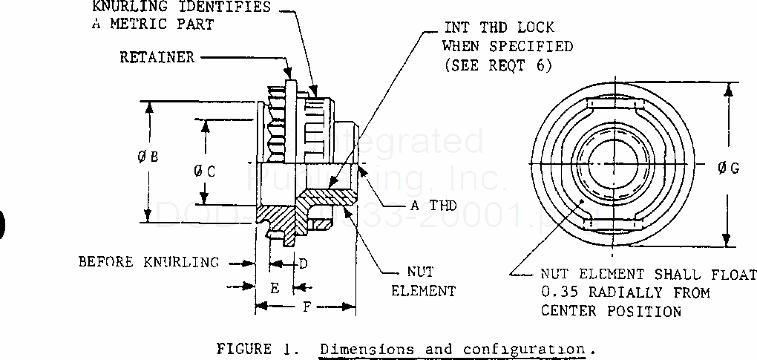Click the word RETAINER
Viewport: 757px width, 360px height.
(157, 57)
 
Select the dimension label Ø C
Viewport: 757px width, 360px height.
(206, 171)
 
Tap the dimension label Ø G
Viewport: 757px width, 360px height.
(728, 168)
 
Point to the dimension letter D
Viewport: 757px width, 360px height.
(303, 263)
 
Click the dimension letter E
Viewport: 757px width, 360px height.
(274, 287)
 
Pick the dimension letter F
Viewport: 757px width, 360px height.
(307, 307)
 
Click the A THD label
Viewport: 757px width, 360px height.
(434, 206)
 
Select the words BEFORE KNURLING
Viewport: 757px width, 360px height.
(148, 262)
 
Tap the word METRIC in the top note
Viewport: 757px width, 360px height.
(144, 24)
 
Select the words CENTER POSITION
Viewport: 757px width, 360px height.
(611, 311)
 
